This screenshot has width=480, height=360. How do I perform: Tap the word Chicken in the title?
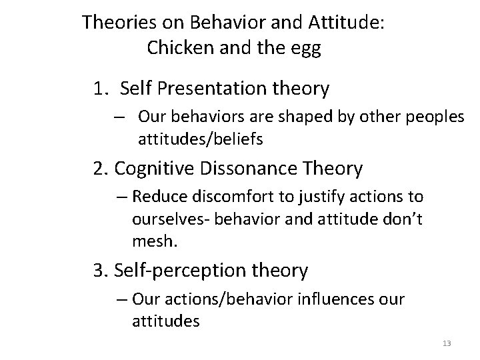coord(176,49)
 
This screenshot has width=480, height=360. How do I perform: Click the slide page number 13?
coord(446,343)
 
